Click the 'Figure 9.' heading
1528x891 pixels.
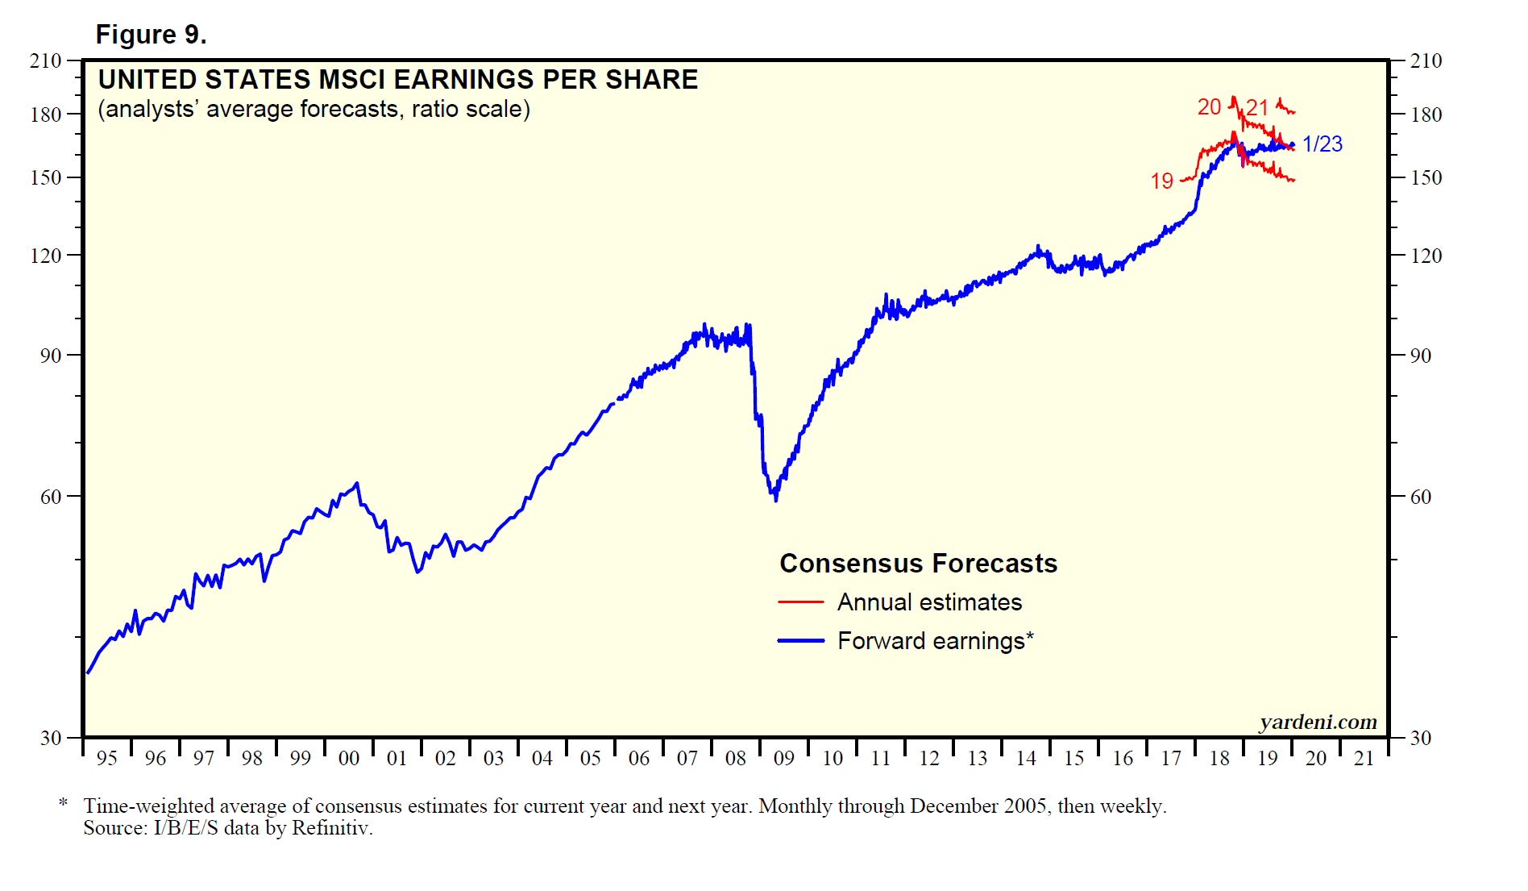151,35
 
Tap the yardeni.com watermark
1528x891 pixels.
1318,722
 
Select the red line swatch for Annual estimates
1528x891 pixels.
800,602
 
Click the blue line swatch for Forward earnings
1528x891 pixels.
800,641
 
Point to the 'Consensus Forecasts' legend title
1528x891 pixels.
918,563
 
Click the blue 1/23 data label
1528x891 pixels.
1322,144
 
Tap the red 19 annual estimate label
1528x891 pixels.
1161,181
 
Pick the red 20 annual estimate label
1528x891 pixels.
1209,106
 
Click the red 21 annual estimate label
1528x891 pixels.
1257,107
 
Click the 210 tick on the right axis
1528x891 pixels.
1426,60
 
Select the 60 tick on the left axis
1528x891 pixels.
50,497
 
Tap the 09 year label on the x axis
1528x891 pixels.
783,758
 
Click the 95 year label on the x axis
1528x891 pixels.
106,758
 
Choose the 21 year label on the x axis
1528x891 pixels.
1364,758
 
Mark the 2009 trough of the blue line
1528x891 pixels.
775,500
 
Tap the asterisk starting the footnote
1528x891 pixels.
63,804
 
